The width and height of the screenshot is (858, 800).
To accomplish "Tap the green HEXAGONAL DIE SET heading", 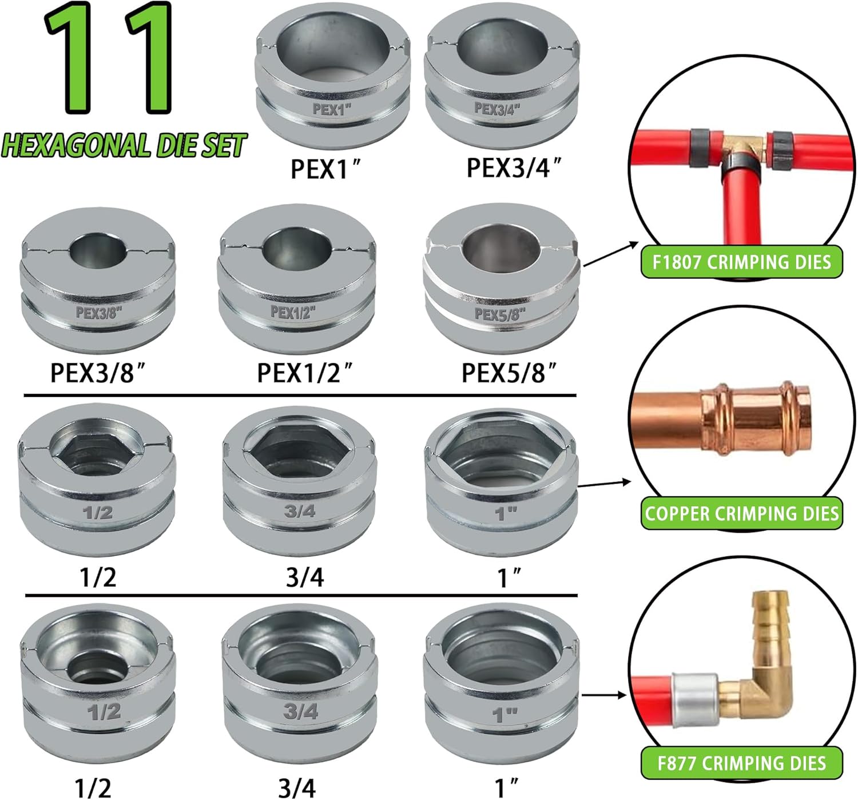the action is click(124, 146).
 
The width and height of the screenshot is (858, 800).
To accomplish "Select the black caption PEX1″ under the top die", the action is click(325, 169).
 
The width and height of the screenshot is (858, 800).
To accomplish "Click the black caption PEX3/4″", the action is click(514, 167).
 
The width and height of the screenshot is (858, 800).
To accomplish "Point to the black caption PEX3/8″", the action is click(98, 373).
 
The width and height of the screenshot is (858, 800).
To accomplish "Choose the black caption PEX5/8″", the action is click(509, 373).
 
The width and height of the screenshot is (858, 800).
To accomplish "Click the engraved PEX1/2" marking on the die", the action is click(293, 312).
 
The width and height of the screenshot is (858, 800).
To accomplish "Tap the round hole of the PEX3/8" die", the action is click(98, 252).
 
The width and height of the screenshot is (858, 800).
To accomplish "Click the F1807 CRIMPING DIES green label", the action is click(741, 262).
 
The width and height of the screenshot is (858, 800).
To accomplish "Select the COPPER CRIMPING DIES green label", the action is click(741, 513).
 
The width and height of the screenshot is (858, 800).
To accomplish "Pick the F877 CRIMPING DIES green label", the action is click(741, 763).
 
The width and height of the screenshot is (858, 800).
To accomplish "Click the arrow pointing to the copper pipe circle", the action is click(604, 484).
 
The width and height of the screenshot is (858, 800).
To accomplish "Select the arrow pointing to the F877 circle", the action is click(604, 695).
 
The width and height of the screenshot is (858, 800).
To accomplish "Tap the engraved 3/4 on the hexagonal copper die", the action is click(300, 511).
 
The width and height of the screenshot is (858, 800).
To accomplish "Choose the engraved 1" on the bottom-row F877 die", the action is click(505, 715).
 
